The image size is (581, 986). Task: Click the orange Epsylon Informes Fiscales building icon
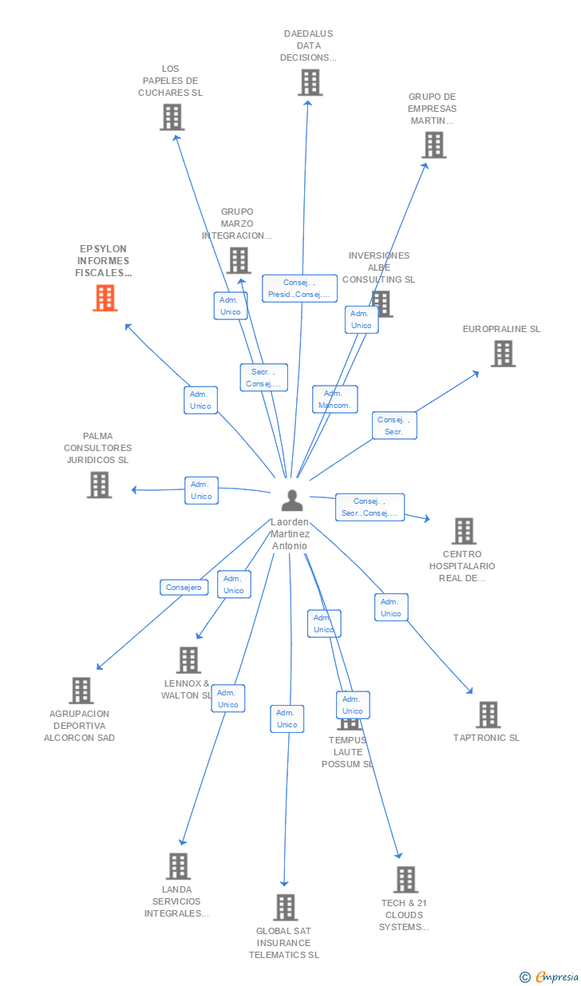tap(105, 298)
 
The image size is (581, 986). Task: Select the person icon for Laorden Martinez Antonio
tap(293, 501)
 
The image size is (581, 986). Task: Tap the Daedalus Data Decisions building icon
tap(310, 82)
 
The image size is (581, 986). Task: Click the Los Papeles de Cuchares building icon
tap(172, 117)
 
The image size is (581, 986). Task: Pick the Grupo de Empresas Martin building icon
tap(434, 145)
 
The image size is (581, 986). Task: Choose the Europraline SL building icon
tap(503, 354)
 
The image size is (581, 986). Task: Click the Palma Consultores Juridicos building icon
tap(99, 485)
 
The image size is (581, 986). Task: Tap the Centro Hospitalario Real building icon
tap(464, 531)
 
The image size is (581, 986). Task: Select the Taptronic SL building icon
tap(488, 715)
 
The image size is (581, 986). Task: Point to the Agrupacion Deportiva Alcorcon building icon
tap(81, 691)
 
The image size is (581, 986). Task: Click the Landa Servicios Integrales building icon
tap(178, 866)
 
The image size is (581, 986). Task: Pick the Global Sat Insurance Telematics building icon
tap(285, 908)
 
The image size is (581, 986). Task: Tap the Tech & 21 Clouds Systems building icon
tap(405, 880)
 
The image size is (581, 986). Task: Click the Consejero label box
tap(184, 588)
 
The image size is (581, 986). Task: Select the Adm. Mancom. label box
tap(335, 399)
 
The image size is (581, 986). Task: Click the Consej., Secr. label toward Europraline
tap(393, 426)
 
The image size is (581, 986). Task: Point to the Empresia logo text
tap(557, 976)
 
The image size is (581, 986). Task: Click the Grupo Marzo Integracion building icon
tap(238, 260)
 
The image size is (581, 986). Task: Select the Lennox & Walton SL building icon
tap(188, 660)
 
